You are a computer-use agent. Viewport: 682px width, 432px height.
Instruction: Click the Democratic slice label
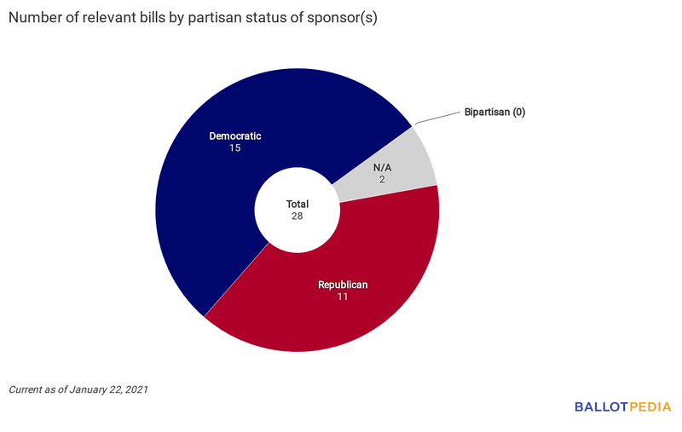click(x=235, y=135)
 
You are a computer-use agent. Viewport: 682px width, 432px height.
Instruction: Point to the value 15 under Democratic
click(x=235, y=148)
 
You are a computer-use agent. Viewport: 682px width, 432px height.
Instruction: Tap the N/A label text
click(x=384, y=167)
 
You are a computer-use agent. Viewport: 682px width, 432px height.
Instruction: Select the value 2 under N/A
click(x=384, y=180)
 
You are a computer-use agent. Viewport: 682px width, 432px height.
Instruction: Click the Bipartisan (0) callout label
click(x=494, y=112)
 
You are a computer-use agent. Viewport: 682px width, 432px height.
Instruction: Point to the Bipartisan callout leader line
click(x=435, y=120)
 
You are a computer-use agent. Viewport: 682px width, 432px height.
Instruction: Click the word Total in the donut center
click(x=297, y=204)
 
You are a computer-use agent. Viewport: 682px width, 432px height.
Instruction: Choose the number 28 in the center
click(x=297, y=216)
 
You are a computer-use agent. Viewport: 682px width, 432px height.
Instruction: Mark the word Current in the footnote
click(x=26, y=389)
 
